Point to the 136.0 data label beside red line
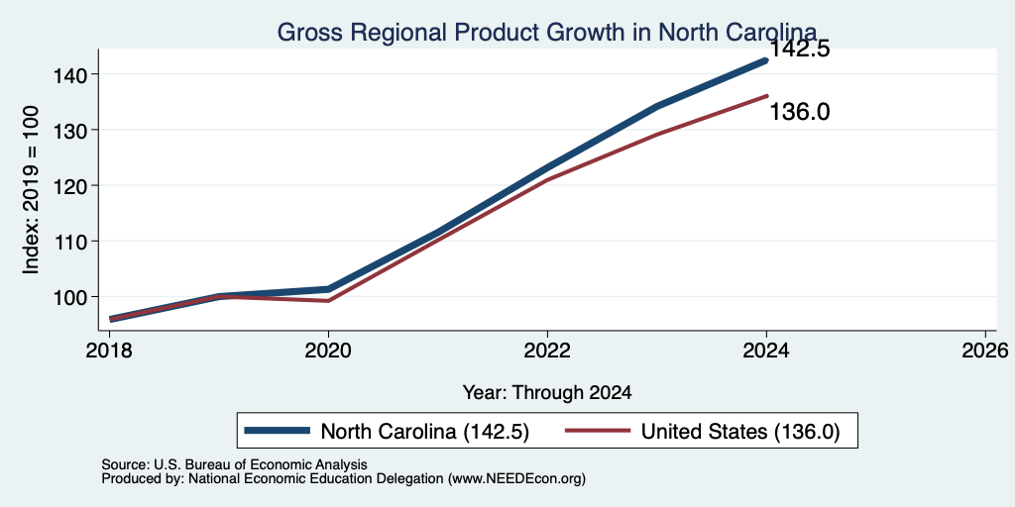pyautogui.click(x=800, y=112)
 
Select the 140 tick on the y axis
pyautogui.click(x=68, y=74)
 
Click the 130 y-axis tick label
pyautogui.click(x=68, y=130)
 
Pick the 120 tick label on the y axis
pyautogui.click(x=68, y=185)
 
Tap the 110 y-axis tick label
pyautogui.click(x=68, y=242)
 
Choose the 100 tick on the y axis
pyautogui.click(x=68, y=297)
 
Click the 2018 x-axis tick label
pyautogui.click(x=109, y=351)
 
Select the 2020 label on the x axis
pyautogui.click(x=328, y=351)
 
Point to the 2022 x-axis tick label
pyautogui.click(x=547, y=351)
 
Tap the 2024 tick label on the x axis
pyautogui.click(x=766, y=351)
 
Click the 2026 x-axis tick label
pyautogui.click(x=985, y=351)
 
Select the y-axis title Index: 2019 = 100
pyautogui.click(x=31, y=190)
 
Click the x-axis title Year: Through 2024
pyautogui.click(x=547, y=392)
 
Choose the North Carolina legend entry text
pyautogui.click(x=425, y=432)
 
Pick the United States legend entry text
pyautogui.click(x=740, y=432)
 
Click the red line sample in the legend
pyautogui.click(x=598, y=431)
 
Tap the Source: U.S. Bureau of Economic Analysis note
pyautogui.click(x=234, y=464)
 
